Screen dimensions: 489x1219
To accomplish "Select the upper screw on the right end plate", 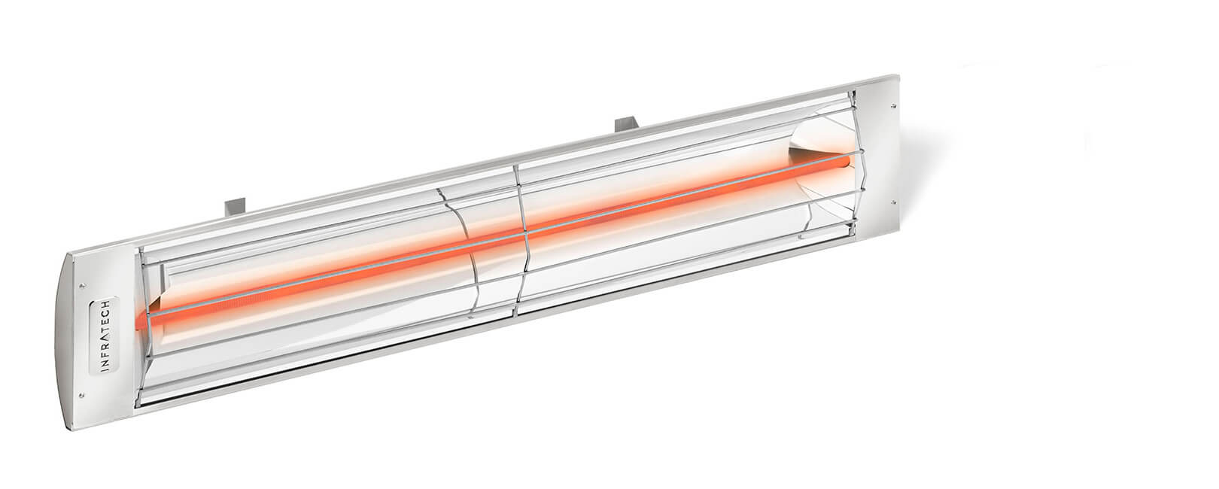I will (x=893, y=105).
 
